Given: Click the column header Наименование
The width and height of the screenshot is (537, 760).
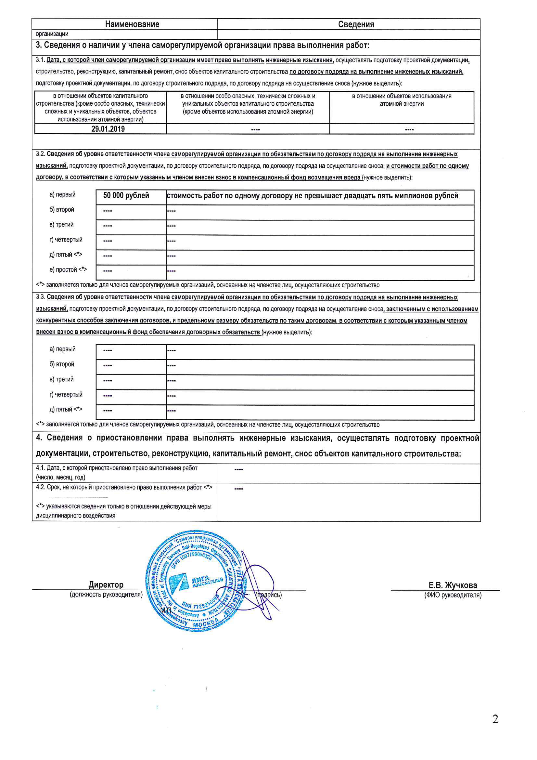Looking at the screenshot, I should [132, 24].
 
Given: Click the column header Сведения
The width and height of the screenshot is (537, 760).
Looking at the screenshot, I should [356, 24].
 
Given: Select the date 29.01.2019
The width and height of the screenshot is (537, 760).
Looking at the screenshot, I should [108, 129].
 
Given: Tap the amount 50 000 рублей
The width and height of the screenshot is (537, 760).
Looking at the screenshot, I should [126, 195].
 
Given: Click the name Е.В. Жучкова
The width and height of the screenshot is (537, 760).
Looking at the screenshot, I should [453, 585].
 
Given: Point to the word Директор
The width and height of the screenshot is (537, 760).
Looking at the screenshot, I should [106, 584].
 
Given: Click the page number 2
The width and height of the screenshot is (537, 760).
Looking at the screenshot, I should [495, 719].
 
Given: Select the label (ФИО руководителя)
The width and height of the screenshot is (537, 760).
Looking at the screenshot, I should [453, 595].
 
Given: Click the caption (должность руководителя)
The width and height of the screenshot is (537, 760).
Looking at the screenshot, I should [106, 595].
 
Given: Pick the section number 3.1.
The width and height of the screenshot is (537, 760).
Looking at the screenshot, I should [40, 60].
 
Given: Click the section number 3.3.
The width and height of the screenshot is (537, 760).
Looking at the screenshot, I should [40, 297].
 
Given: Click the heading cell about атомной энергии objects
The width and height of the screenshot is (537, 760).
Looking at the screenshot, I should [401, 100].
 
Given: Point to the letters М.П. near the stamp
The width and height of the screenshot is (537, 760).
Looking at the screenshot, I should [166, 610].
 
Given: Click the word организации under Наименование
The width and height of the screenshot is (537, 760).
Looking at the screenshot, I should [52, 34].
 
